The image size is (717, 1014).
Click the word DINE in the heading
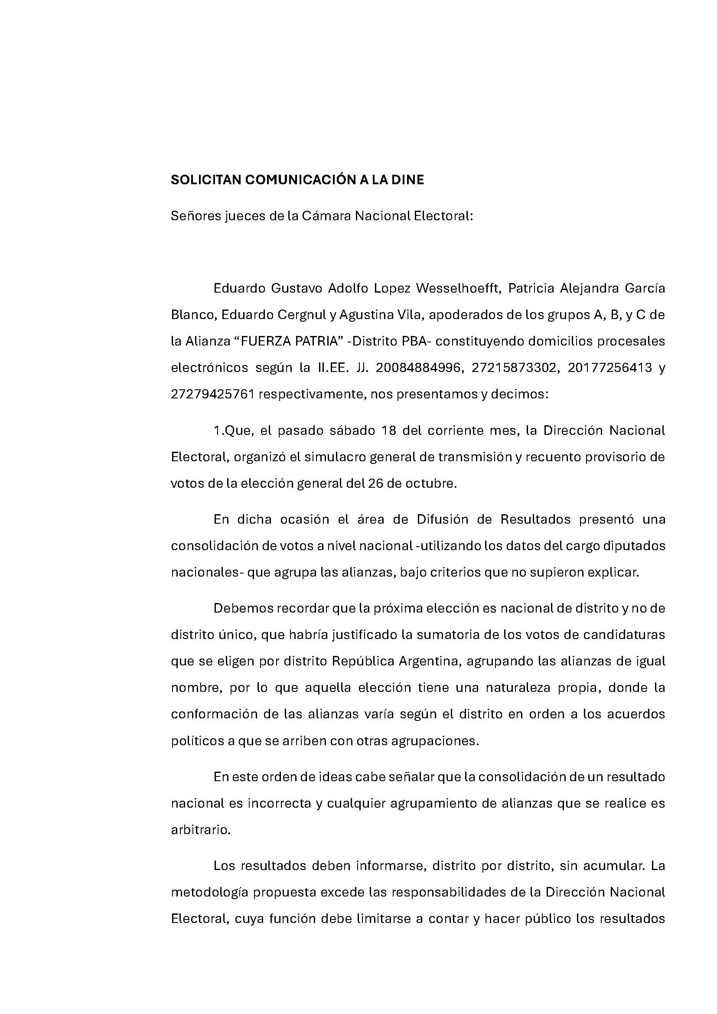[x=409, y=180]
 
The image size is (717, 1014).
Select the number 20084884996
[x=420, y=368]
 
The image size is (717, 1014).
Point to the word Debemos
[x=240, y=609]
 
